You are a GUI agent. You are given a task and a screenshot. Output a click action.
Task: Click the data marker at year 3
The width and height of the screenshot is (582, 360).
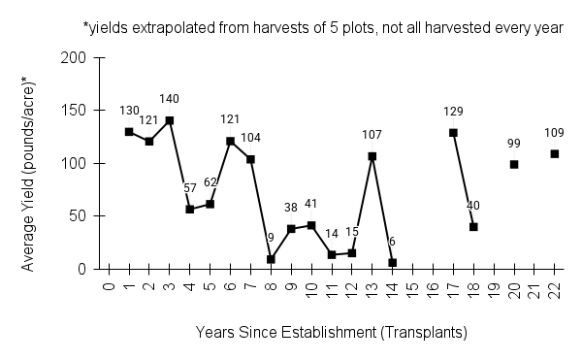tap(170, 120)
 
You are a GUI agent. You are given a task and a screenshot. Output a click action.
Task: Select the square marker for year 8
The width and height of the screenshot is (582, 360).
tap(271, 259)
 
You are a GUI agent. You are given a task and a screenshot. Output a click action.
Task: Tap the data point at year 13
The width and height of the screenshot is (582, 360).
tap(372, 156)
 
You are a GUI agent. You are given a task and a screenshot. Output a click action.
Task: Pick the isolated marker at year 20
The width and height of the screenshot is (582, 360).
tap(514, 164)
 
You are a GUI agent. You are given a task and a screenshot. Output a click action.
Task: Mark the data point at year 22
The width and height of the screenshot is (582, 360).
tap(555, 153)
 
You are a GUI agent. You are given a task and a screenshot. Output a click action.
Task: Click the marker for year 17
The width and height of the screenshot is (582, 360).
tap(453, 133)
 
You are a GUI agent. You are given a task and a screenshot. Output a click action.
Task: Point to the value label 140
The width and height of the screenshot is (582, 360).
tap(170, 99)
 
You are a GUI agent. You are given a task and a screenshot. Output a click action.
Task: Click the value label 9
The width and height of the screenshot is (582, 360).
tap(271, 239)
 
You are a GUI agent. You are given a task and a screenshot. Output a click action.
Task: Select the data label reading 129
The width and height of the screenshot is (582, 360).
tap(453, 112)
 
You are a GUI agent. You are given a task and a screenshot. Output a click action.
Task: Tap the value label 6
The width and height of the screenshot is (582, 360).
tap(393, 242)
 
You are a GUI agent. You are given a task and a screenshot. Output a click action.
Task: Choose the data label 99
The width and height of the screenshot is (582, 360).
tap(514, 144)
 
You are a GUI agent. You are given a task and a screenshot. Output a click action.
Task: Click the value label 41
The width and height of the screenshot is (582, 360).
tap(311, 205)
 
